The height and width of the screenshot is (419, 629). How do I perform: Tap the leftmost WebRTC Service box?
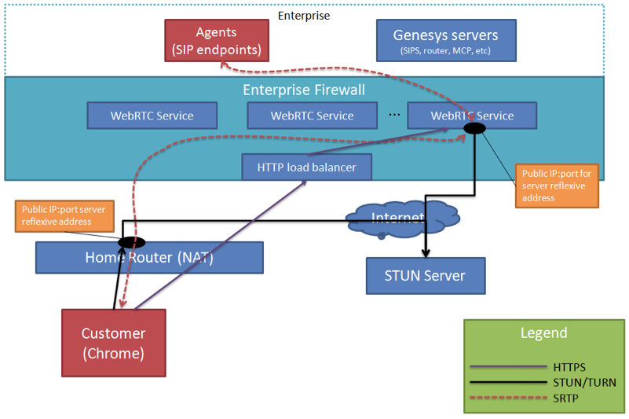click(x=152, y=116)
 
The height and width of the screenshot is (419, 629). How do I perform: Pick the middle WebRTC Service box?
click(x=312, y=116)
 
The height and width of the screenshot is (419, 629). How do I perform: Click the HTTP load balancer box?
click(x=306, y=167)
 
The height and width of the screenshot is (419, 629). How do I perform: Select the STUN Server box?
click(x=425, y=275)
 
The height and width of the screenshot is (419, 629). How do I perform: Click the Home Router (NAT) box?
click(x=149, y=257)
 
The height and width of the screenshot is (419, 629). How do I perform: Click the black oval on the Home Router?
click(x=130, y=242)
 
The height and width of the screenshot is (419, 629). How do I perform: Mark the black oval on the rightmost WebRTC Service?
click(x=474, y=127)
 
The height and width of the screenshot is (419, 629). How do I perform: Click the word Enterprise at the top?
click(x=304, y=15)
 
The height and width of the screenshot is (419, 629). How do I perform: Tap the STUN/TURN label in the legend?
click(x=580, y=383)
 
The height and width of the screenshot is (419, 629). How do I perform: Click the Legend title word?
click(x=543, y=333)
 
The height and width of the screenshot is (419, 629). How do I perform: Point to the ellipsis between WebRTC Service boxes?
click(x=393, y=113)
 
